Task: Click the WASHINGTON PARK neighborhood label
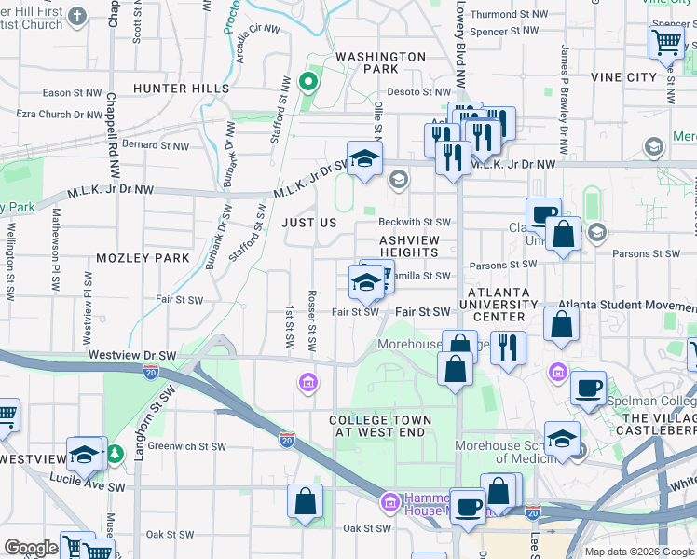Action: coord(380,62)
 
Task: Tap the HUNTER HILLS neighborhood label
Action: coord(181,89)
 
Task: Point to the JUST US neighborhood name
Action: coord(308,224)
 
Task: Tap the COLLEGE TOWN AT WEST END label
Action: coord(380,427)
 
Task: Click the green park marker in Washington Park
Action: coord(307,82)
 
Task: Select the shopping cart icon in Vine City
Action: coord(666,42)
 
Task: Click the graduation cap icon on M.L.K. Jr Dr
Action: coord(365,157)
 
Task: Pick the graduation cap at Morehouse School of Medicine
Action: coord(562,439)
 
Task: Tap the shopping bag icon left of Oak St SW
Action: coord(306,501)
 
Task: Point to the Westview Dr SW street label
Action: coord(132,355)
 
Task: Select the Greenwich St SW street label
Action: coord(186,446)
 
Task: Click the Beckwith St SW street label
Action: coord(415,222)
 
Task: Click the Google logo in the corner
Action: coord(31,549)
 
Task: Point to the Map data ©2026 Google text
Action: coord(638,552)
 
